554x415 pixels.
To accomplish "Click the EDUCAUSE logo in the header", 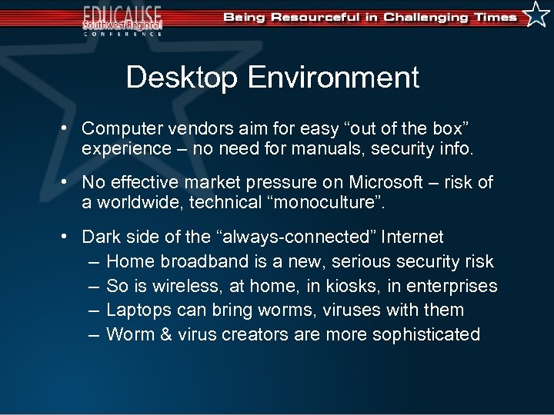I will (123, 19).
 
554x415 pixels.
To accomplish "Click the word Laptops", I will (135, 310).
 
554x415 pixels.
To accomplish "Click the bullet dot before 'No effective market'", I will (68, 183).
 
